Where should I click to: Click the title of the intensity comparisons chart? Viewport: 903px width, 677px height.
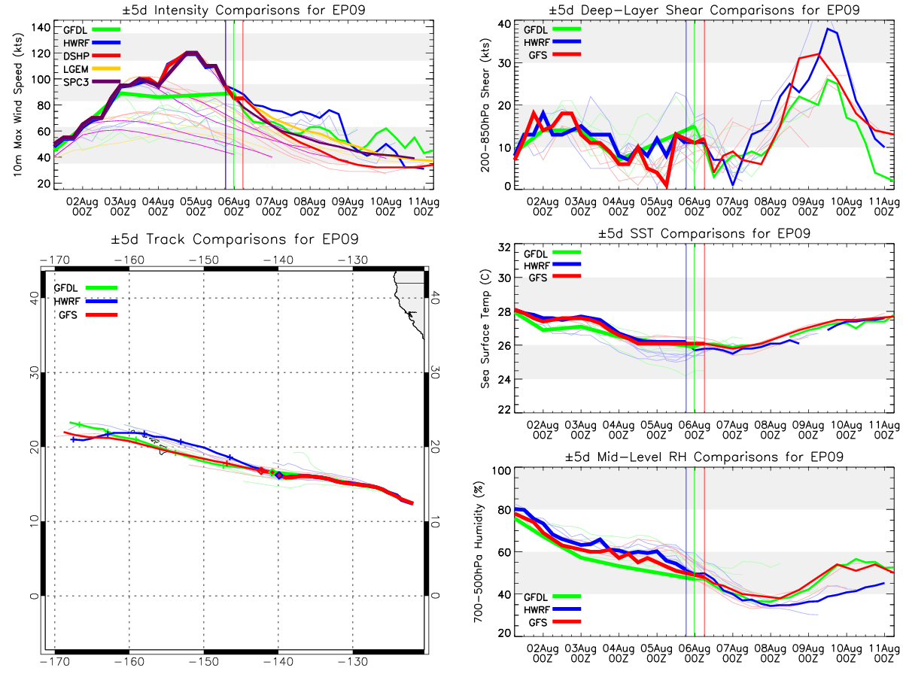(244, 10)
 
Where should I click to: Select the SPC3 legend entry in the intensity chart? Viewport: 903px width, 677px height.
(91, 82)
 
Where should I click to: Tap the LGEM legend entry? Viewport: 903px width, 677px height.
(91, 69)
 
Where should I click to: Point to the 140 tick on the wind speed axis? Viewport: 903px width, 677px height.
(41, 28)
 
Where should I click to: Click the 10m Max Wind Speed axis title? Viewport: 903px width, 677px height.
(17, 105)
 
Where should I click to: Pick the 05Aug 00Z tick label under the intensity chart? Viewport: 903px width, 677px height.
(196, 207)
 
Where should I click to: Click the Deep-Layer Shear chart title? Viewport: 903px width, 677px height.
(704, 10)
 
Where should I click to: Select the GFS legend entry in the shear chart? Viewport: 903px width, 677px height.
(554, 55)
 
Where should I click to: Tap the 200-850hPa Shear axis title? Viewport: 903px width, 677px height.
(485, 105)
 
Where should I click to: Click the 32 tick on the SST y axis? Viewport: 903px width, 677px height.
(504, 247)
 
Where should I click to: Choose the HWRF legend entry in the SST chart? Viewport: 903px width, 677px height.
(552, 266)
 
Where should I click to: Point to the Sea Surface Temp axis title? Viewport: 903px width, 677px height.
(485, 329)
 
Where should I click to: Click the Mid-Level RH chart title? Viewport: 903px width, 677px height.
(704, 457)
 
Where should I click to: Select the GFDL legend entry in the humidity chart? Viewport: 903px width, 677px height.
(552, 597)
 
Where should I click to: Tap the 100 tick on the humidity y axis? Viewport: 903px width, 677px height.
(501, 471)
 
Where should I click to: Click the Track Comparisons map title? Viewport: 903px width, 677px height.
(235, 238)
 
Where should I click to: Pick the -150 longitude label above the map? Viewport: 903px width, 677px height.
(204, 260)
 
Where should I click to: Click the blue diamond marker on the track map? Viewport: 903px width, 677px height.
(279, 475)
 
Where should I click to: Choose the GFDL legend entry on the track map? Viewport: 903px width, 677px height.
(86, 288)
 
